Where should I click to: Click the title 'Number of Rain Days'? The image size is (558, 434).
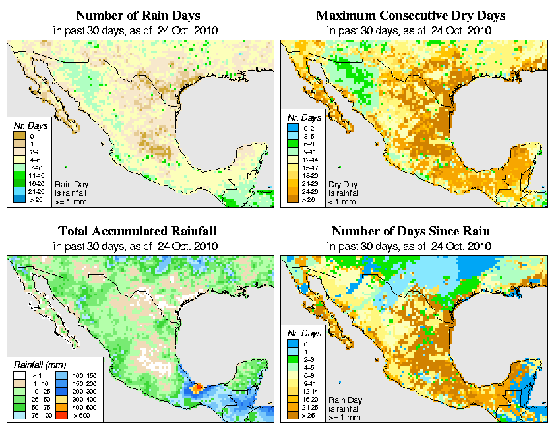tap(137, 15)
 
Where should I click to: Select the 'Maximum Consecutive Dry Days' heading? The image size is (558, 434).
tap(410, 15)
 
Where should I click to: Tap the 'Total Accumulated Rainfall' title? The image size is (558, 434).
tap(137, 231)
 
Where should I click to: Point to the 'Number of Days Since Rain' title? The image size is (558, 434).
tap(410, 231)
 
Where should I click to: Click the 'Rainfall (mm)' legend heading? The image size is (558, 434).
tap(38, 364)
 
